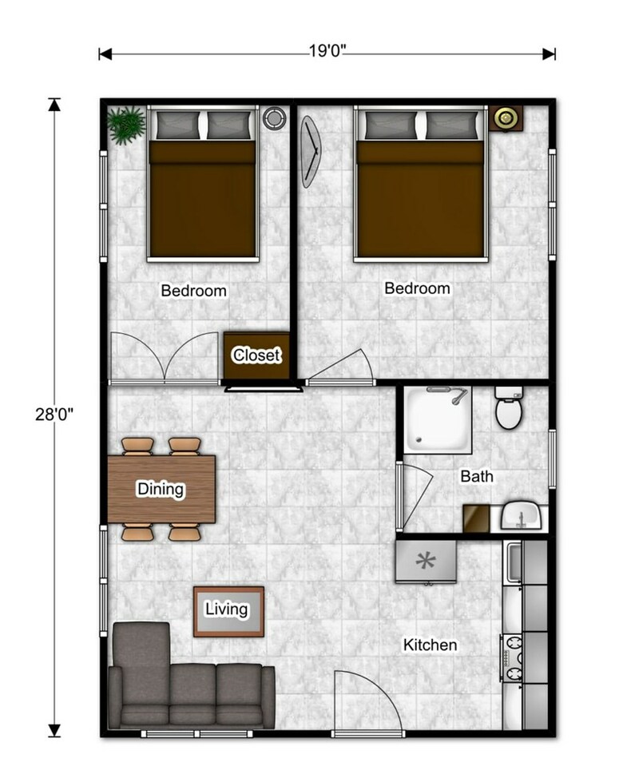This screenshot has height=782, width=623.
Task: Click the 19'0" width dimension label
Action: (327, 51)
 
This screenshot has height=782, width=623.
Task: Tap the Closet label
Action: (256, 355)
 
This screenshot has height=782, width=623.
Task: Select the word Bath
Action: (477, 476)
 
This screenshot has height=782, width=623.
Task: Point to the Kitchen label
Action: (430, 645)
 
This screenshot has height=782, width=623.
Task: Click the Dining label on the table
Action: (161, 489)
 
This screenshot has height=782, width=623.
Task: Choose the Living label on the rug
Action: (227, 609)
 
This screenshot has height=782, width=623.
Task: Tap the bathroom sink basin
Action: (522, 517)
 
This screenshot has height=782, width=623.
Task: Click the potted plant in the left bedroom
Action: (126, 125)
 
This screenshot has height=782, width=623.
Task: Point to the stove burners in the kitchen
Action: (512, 657)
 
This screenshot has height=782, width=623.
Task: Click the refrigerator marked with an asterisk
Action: (426, 562)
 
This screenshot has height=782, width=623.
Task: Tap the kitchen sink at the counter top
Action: (514, 563)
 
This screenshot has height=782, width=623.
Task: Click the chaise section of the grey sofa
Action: (141, 659)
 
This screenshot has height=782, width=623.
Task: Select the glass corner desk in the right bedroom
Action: (311, 152)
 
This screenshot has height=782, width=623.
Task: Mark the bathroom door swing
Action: (416, 494)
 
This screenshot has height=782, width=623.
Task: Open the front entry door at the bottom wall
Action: (368, 701)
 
